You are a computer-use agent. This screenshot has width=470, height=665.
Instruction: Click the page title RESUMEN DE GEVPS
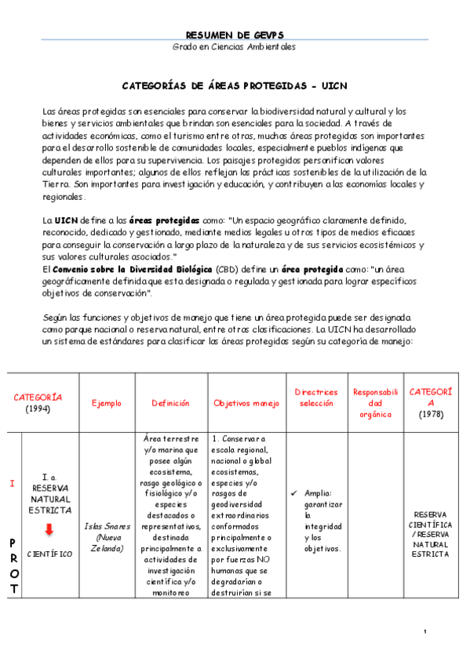pos(235,35)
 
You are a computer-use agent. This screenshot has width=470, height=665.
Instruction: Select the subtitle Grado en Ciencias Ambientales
pos(235,47)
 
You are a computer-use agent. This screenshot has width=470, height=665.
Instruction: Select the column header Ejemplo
pos(107,403)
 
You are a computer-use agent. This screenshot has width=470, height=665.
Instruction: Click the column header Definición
pos(172,403)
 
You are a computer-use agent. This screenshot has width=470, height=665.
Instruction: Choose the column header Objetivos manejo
pos(246,403)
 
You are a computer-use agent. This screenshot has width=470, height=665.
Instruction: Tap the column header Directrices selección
pos(316,397)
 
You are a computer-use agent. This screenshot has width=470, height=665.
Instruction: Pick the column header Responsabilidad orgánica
pos(376,402)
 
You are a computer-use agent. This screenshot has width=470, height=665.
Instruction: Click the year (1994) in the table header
pos(38,409)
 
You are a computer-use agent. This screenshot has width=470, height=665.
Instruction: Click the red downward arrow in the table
pos(49,530)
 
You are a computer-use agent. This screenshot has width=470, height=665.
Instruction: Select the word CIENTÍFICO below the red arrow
pos(49,554)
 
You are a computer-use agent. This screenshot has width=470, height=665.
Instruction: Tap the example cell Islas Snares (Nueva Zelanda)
pos(107,537)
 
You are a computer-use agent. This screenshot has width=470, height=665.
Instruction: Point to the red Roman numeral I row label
pos(12,483)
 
